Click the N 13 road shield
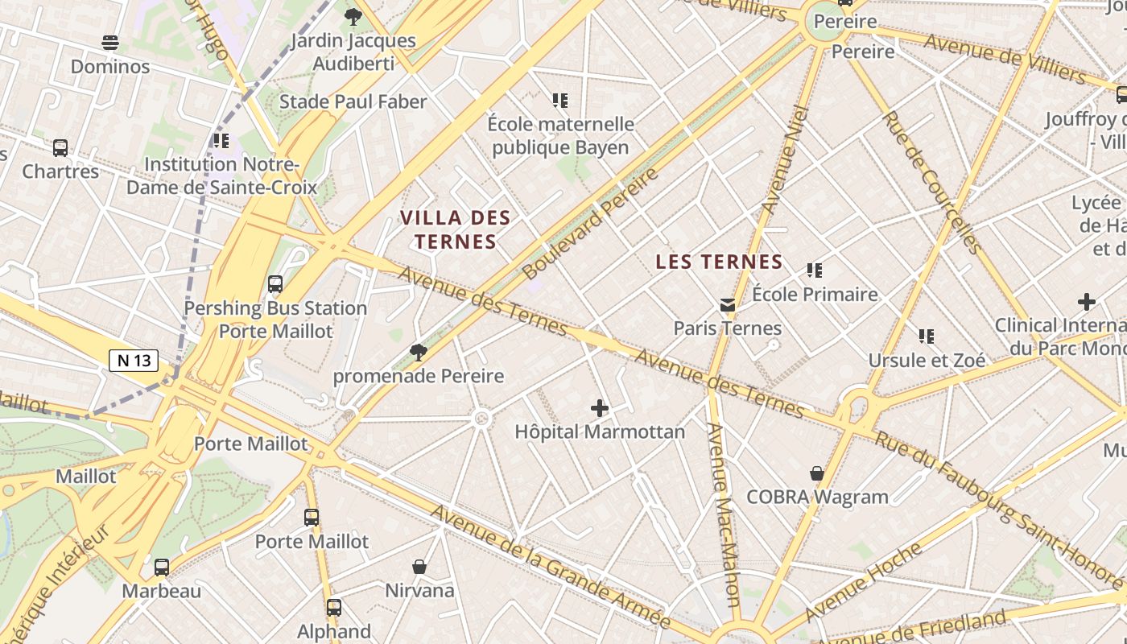click(134, 361)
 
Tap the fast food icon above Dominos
click(110, 43)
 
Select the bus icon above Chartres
click(60, 148)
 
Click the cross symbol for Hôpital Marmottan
click(600, 408)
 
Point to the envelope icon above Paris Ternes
click(728, 305)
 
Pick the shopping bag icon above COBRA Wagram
click(817, 473)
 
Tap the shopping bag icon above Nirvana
click(419, 567)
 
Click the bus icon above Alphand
click(334, 608)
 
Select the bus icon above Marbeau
click(162, 568)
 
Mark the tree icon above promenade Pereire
click(418, 352)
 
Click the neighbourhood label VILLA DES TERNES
click(456, 229)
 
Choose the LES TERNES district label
click(720, 262)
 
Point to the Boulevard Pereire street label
click(591, 223)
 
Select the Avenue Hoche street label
click(864, 581)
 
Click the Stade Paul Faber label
click(353, 101)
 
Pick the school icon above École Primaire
click(815, 270)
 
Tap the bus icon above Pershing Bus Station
click(275, 284)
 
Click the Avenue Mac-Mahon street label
click(723, 515)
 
